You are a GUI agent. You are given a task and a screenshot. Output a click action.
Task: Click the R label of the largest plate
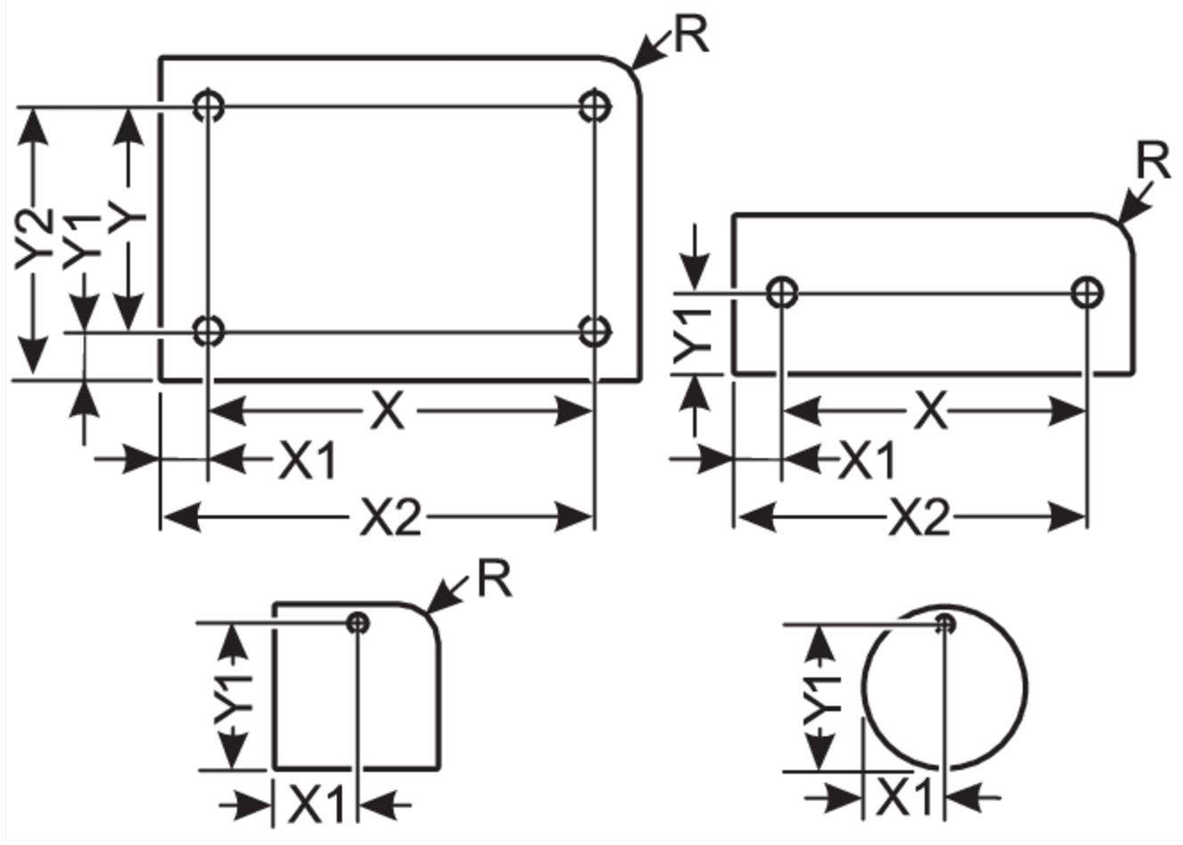[691, 36]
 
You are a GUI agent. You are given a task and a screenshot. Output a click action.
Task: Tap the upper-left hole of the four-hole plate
[208, 106]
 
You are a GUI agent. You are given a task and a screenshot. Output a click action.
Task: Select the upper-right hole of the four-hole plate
[595, 106]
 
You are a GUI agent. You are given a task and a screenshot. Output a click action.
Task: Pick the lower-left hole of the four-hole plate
[208, 332]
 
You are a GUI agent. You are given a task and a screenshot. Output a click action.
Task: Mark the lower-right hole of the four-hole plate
[595, 332]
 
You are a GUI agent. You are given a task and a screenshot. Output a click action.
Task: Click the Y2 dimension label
[35, 239]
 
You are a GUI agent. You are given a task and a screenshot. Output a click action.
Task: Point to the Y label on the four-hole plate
[127, 217]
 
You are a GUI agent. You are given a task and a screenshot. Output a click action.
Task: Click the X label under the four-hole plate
[388, 409]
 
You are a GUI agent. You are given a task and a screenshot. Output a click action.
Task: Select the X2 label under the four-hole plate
[391, 518]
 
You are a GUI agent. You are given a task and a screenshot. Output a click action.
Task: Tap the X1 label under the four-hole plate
[306, 461]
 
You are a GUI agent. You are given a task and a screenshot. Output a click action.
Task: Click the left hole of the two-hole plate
[781, 291]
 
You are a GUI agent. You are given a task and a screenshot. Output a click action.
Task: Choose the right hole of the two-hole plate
[1088, 291]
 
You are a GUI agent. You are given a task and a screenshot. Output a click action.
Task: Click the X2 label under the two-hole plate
[919, 518]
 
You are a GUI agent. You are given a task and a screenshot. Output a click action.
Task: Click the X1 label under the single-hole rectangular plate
[316, 804]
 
